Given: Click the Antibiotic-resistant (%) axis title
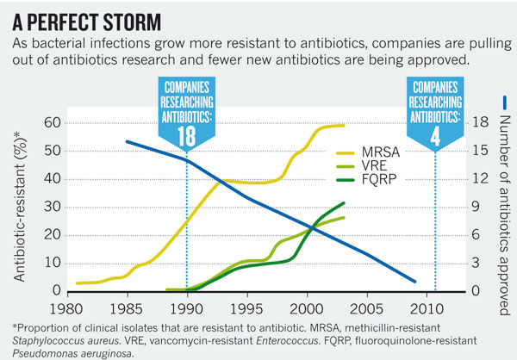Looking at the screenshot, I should [19, 206].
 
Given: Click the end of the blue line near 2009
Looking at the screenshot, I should [415, 281].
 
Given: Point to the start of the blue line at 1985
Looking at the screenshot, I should [127, 141].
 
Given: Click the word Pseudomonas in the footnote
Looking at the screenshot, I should [47, 352].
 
